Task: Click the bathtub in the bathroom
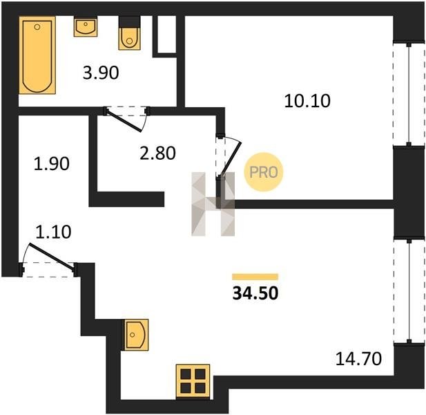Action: point(37,55)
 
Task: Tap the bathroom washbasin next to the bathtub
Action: point(86,26)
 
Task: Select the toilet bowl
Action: point(130,33)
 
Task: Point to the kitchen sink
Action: point(137,335)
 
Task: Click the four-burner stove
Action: point(193,381)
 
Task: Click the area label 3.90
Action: point(101,73)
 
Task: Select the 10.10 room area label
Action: point(307,101)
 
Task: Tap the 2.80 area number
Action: point(157,153)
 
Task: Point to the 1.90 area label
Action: point(51,164)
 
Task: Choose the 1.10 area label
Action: point(53,232)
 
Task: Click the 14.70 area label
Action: point(358,359)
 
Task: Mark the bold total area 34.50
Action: point(255,293)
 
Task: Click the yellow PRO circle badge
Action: point(264,172)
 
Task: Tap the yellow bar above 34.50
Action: point(255,277)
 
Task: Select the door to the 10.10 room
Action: point(230,157)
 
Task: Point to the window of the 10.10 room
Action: point(409,94)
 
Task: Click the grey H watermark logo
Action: point(213,204)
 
